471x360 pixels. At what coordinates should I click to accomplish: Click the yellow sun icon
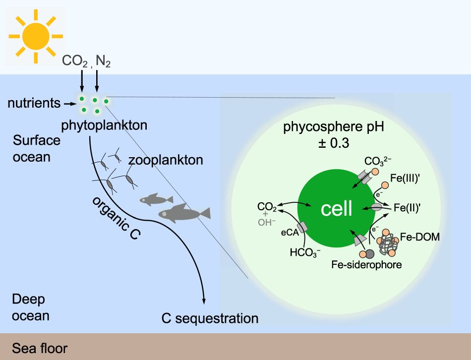click(x=35, y=35)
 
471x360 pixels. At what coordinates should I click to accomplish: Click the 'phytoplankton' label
click(x=104, y=125)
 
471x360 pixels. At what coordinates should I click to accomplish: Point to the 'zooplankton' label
click(x=166, y=160)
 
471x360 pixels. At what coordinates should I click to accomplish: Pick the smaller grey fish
click(x=156, y=200)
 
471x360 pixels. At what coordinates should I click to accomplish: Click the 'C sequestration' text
click(x=210, y=318)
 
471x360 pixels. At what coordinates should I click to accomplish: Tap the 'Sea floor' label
click(x=40, y=348)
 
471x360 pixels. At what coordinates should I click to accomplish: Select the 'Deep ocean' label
click(x=30, y=307)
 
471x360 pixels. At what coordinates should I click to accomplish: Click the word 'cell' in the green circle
click(x=337, y=209)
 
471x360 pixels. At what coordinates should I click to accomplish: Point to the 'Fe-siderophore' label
click(x=366, y=265)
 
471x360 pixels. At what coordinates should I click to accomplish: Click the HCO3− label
click(x=305, y=252)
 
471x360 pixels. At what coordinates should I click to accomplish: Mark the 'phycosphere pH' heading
click(x=333, y=127)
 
